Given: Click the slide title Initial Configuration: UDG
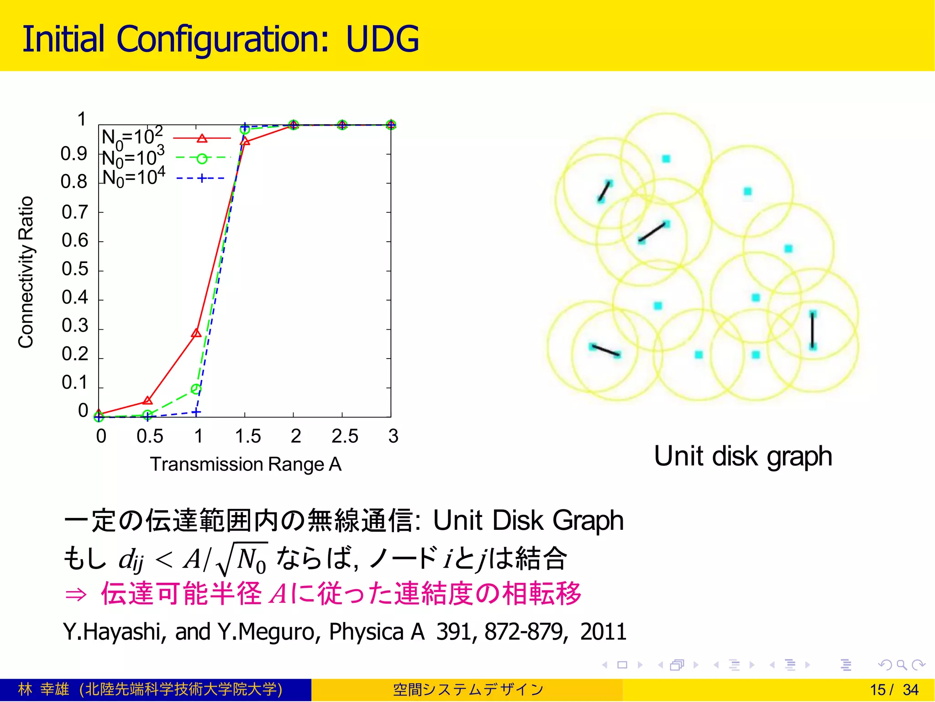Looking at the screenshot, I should [221, 39].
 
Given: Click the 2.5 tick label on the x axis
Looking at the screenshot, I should [344, 436].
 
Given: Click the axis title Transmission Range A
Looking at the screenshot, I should [246, 464].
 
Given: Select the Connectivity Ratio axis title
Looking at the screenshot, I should [26, 272].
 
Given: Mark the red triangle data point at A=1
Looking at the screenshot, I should [196, 333].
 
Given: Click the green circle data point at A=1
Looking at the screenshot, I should [196, 389].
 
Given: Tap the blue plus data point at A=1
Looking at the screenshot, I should [196, 412].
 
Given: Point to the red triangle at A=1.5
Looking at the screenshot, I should [245, 142].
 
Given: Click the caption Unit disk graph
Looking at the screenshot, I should [743, 456].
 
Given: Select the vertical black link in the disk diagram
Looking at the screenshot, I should [813, 330].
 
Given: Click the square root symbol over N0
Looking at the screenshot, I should [224, 560].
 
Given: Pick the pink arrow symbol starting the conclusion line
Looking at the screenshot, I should [76, 595].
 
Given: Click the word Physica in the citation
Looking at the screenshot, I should [366, 632].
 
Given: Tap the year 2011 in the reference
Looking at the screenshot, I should [603, 632].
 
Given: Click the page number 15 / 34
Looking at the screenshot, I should [893, 690].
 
